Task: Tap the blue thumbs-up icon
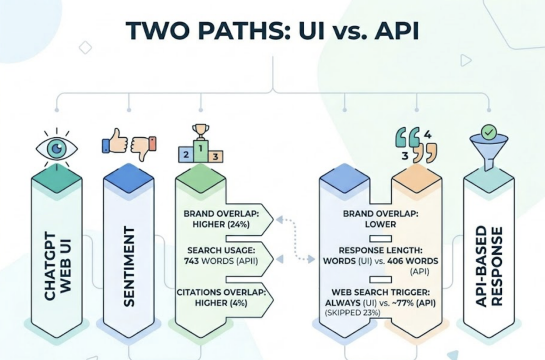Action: point(113,142)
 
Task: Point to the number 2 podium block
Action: point(186,155)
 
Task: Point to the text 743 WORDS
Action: point(209,261)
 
